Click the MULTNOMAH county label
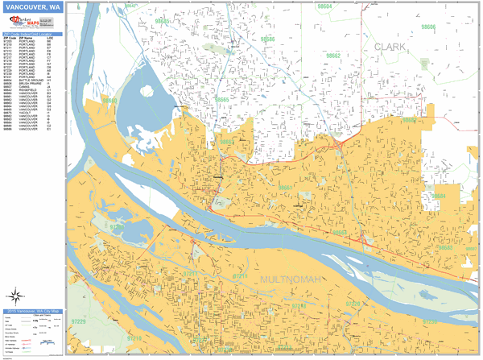point(291,279)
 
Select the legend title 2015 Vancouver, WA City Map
point(35,311)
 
